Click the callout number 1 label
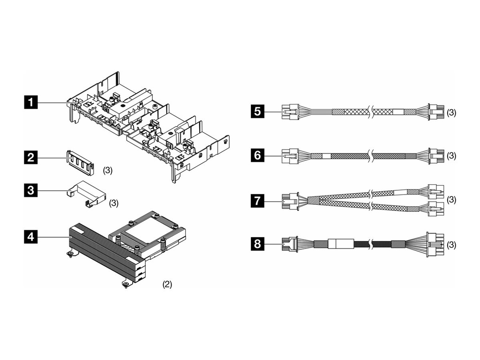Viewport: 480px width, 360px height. tap(31, 102)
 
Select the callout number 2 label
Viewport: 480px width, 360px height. tap(31, 157)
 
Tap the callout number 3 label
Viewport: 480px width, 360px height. tap(31, 190)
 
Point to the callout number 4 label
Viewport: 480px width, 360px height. tap(31, 237)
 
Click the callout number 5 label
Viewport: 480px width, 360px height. tap(257, 112)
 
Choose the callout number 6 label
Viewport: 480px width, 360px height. tap(257, 155)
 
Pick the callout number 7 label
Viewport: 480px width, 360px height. tap(257, 201)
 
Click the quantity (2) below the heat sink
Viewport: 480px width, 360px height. tap(167, 284)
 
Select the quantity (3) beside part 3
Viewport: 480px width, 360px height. tap(114, 203)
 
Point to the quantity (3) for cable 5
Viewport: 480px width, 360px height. tap(451, 113)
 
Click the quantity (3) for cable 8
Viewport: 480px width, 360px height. tap(451, 245)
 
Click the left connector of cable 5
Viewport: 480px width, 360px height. tap(290, 112)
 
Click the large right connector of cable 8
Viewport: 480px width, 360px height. tap(434, 245)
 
